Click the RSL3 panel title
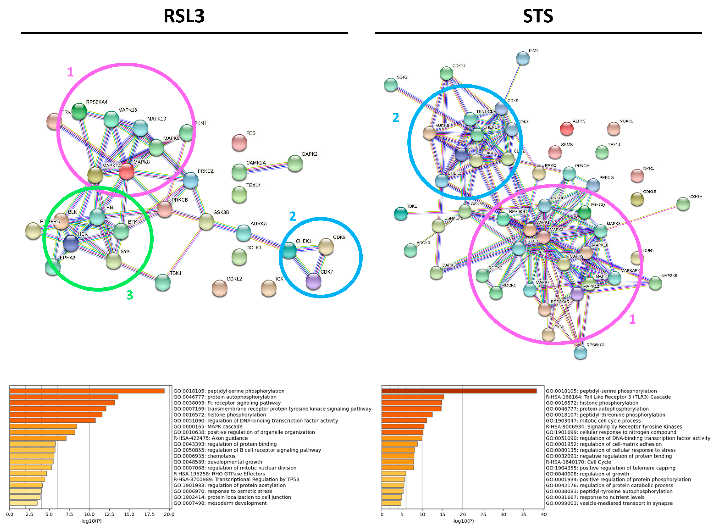tap(184, 16)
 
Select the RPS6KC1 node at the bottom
tap(580, 353)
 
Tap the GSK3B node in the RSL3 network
tap(206, 222)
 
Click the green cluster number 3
tap(129, 295)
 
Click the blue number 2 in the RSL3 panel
tap(292, 216)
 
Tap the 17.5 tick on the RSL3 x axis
tap(149, 514)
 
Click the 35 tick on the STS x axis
tap(523, 514)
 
